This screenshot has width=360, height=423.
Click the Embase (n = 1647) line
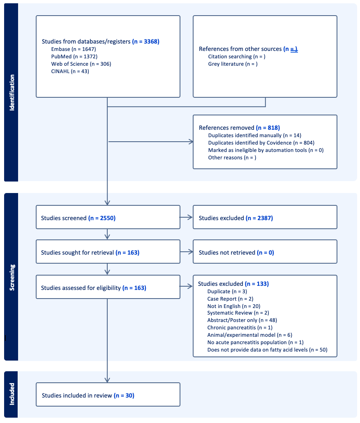[74, 49]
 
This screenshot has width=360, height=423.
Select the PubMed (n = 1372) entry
[74, 56]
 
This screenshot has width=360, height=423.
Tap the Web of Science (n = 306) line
[81, 64]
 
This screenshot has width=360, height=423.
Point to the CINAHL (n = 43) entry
[70, 71]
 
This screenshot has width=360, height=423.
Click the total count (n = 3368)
[146, 41]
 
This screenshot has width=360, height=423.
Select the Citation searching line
[237, 57]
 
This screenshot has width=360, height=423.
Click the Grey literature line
[233, 64]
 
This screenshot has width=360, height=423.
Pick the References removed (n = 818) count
[268, 128]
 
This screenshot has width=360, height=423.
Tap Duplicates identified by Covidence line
[261, 143]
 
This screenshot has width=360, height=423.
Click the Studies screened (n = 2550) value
[102, 218]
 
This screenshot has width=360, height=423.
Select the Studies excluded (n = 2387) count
[259, 218]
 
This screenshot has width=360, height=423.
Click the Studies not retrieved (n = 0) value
[265, 253]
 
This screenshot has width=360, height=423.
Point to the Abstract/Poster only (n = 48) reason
[242, 320]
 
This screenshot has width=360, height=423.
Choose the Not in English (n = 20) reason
[234, 306]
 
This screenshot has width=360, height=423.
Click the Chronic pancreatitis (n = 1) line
[240, 327]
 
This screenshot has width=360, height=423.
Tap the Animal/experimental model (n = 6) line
[249, 335]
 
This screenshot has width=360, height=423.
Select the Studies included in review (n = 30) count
[124, 395]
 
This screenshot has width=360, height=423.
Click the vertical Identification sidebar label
[12, 92]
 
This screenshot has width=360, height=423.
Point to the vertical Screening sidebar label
[12, 277]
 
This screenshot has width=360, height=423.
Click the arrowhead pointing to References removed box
[191, 142]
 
